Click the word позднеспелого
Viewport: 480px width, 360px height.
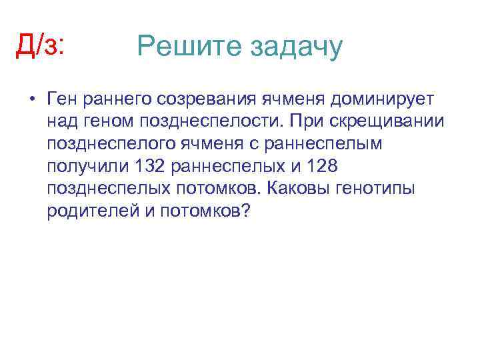click(108, 144)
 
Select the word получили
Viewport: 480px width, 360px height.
click(86, 166)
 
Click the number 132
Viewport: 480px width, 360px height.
click(148, 166)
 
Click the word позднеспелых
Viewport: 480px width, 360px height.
click(103, 189)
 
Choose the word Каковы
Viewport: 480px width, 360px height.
click(293, 188)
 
